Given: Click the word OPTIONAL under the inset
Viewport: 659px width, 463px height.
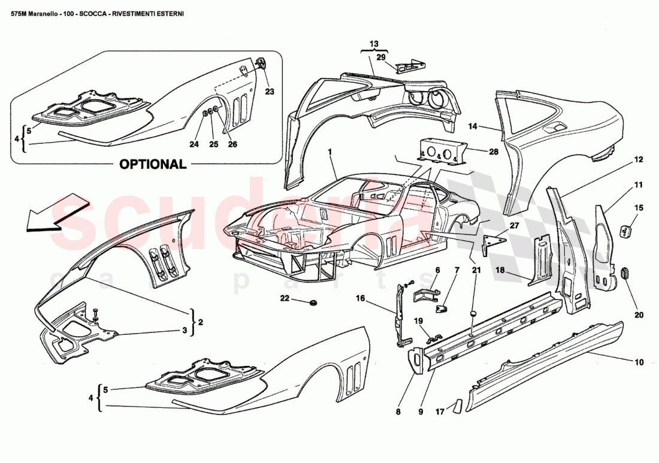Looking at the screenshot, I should point(153,164).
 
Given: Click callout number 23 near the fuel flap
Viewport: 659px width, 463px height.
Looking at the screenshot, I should point(270,92).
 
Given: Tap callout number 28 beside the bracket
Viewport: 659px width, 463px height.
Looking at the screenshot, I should point(494,152).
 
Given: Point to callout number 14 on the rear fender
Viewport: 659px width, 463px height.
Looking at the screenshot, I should point(473,126).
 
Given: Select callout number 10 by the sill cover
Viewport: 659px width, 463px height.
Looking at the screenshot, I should point(639,362).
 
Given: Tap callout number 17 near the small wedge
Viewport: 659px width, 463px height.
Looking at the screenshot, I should point(440,411).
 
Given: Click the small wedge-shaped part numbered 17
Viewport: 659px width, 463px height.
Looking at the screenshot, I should point(457,407).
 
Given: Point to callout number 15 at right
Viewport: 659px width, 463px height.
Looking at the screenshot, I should point(639,208).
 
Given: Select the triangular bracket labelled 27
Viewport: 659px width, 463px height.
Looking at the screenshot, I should point(493,241).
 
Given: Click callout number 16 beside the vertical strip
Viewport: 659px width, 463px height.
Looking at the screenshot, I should point(360,298).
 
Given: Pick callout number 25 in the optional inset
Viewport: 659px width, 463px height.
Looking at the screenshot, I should point(213,144).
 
